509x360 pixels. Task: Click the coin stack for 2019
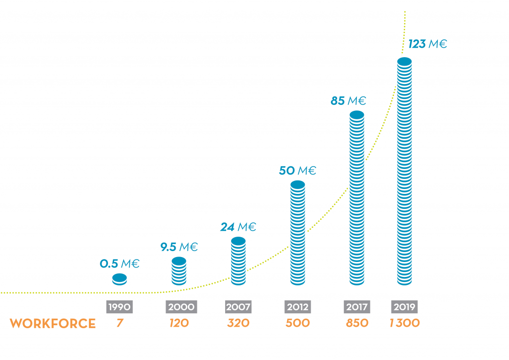click(405, 172)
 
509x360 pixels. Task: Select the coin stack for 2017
click(357, 199)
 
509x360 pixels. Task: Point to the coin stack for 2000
click(179, 271)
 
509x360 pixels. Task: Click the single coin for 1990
click(119, 279)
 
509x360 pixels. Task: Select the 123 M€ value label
click(427, 44)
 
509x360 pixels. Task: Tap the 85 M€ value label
click(348, 101)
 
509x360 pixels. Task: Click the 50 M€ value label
click(297, 171)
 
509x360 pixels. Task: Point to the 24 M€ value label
click(238, 227)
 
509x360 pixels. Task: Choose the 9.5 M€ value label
click(179, 247)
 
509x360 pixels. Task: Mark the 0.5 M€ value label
click(119, 264)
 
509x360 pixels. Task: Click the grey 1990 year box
click(119, 307)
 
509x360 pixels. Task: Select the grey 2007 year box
click(238, 307)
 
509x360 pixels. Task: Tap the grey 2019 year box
click(405, 307)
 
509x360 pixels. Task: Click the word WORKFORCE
click(53, 324)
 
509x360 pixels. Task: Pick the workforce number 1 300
click(405, 323)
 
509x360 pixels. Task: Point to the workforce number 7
click(119, 323)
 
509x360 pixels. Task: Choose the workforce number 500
click(297, 323)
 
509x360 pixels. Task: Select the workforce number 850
click(357, 323)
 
